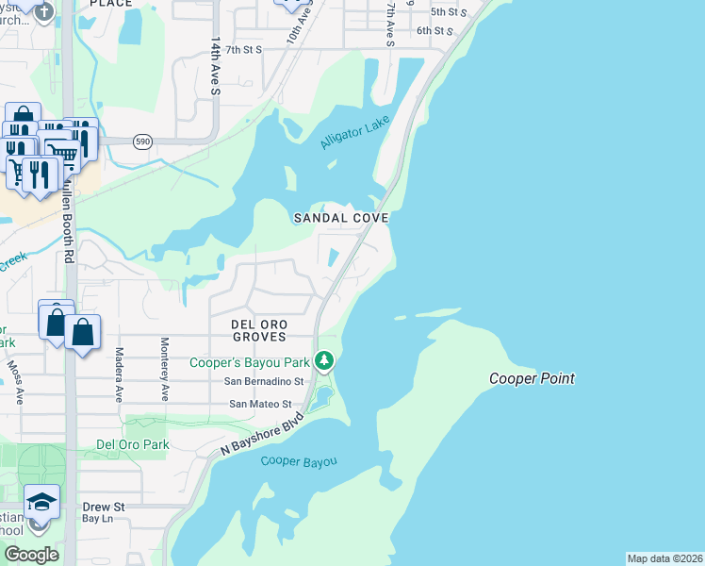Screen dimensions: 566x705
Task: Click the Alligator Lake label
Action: (354, 133)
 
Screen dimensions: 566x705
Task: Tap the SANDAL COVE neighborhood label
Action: (341, 217)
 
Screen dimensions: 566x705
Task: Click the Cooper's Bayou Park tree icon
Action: (324, 360)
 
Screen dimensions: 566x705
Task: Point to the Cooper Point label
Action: (532, 379)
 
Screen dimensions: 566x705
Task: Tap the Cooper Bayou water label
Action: (299, 461)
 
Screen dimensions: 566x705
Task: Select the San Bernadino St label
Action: (263, 382)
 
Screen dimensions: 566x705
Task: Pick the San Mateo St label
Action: (267, 404)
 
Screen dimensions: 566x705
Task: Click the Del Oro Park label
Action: (133, 444)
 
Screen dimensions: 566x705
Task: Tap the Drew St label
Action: (104, 507)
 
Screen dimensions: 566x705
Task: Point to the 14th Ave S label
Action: (215, 67)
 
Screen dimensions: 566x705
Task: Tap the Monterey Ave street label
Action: (164, 369)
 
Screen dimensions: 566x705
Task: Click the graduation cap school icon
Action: (41, 501)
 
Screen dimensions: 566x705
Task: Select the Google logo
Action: (31, 555)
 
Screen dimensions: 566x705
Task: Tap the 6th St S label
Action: (435, 31)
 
